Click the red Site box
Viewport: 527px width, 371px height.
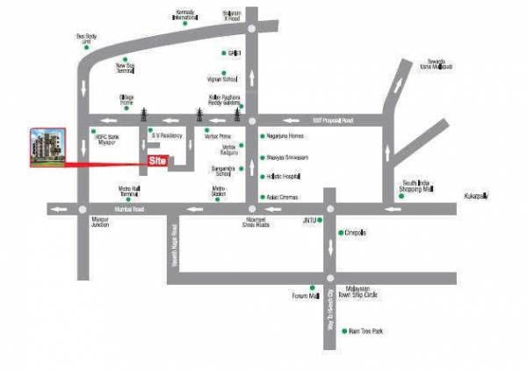[x=157, y=162]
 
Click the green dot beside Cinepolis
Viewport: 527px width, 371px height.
[x=341, y=233]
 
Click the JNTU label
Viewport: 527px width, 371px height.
[x=308, y=219]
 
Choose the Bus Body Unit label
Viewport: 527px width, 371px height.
[x=84, y=39]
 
